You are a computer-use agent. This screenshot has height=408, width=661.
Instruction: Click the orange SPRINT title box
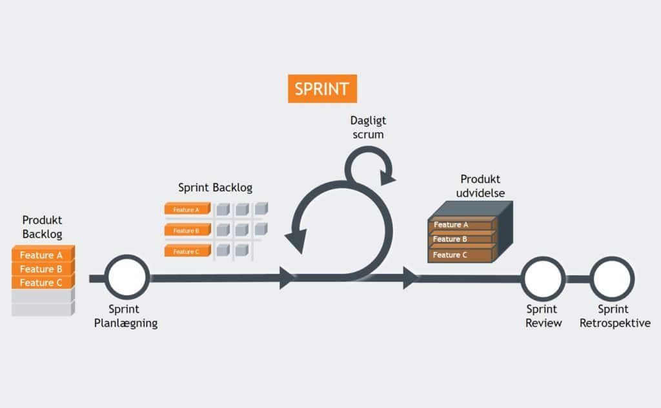321,89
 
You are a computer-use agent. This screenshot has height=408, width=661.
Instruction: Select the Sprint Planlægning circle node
128,278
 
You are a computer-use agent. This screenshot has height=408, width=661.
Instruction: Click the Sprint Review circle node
543,278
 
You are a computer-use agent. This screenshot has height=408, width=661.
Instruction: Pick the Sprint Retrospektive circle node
613,278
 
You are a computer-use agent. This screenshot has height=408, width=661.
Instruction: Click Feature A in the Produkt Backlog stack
41,255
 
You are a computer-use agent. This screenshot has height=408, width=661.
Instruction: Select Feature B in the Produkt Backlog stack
41,269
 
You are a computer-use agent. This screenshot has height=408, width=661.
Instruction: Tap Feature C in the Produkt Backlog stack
41,283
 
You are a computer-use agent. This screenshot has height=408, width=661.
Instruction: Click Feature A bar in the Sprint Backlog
187,209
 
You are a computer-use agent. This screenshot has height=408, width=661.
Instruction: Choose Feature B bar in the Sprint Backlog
187,230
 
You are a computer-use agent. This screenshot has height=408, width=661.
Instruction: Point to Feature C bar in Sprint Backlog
187,251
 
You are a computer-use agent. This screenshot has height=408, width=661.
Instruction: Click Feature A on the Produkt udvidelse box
460,225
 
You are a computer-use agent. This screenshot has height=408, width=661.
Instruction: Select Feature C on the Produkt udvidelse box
460,255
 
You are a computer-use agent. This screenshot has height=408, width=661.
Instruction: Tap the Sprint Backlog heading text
215,188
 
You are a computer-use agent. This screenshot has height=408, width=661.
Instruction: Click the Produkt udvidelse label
480,186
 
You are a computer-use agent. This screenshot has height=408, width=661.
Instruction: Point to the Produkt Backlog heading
43,227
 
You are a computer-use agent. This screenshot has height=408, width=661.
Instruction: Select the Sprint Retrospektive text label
613,316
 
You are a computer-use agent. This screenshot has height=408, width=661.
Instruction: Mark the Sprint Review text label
544,316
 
